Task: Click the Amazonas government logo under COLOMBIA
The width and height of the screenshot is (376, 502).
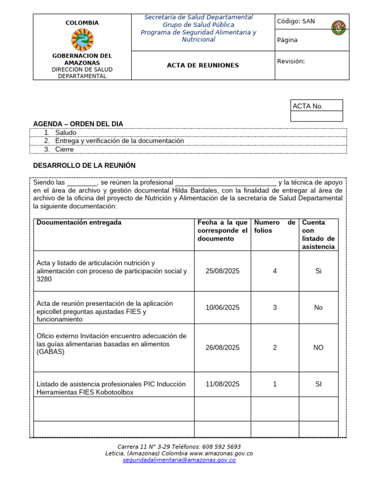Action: pos(82,40)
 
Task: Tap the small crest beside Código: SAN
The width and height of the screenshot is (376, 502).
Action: pos(338,28)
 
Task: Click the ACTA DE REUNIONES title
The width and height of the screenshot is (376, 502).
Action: pos(203,65)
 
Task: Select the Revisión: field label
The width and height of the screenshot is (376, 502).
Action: pos(291,61)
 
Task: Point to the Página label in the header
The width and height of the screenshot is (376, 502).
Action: pos(287,40)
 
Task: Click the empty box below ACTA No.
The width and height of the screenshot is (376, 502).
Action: pos(316,116)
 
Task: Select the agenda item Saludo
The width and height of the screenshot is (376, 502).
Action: pos(66,133)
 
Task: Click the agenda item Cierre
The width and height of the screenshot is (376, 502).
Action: pos(64,150)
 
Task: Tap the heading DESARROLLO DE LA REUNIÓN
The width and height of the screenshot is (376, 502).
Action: pos(84,166)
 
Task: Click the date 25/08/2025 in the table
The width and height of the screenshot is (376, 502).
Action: pos(222,271)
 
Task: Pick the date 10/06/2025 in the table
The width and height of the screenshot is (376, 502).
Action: pos(222,307)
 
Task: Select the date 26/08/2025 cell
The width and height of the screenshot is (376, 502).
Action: pos(222,348)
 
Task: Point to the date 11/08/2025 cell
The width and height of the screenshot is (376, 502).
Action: pos(222,384)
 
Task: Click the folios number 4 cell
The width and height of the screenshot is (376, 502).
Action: pos(275,271)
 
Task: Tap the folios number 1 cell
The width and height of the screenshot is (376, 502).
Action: pos(275,384)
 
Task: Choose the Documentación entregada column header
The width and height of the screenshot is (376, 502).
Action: pos(79,223)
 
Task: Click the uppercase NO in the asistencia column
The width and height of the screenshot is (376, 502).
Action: pos(318,348)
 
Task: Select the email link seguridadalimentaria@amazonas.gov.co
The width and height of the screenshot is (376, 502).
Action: pos(179,460)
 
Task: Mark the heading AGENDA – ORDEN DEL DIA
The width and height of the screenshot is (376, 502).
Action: pos(78,124)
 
